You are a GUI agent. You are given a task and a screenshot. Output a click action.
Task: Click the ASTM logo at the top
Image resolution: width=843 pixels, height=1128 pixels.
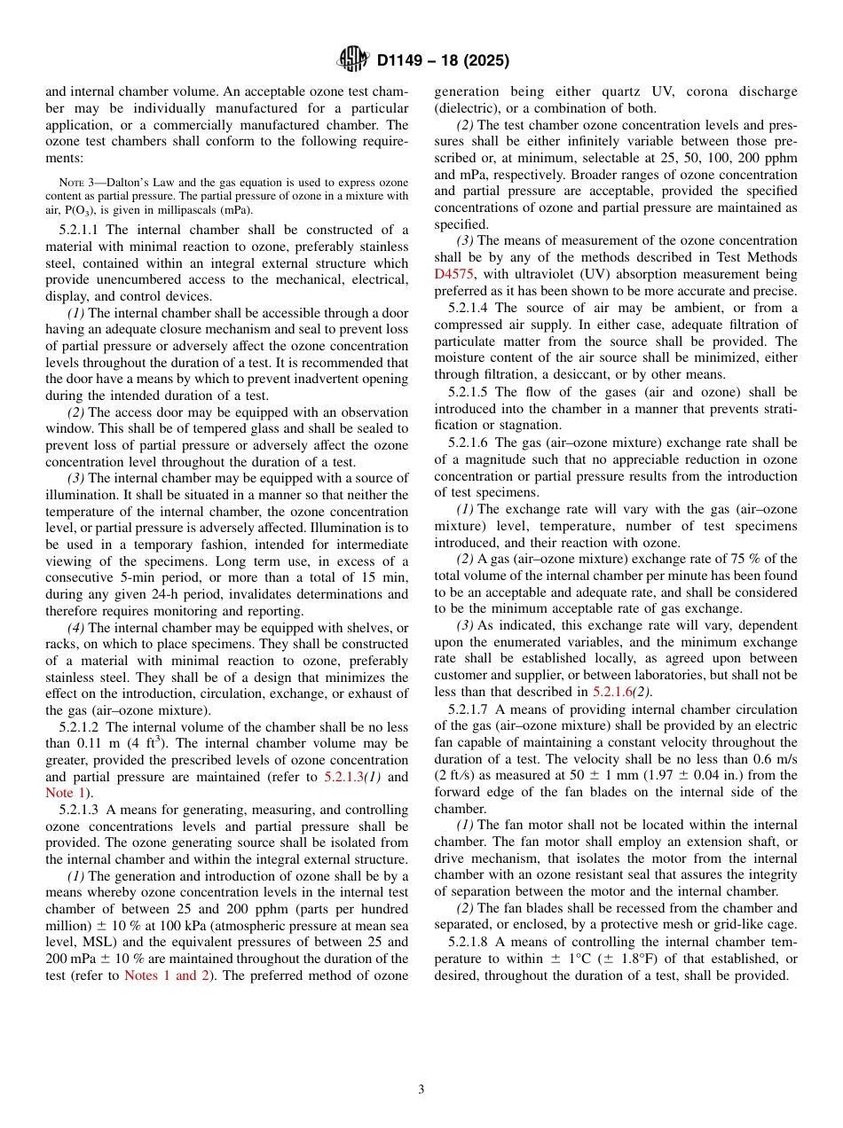[x=353, y=60]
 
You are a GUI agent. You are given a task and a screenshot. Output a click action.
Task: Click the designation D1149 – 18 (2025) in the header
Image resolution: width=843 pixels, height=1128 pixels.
[x=443, y=61]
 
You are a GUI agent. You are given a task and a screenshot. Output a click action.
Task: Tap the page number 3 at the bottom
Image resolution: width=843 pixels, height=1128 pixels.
[x=421, y=1089]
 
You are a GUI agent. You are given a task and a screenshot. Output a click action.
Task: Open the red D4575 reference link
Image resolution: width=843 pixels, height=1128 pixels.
[x=453, y=274]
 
